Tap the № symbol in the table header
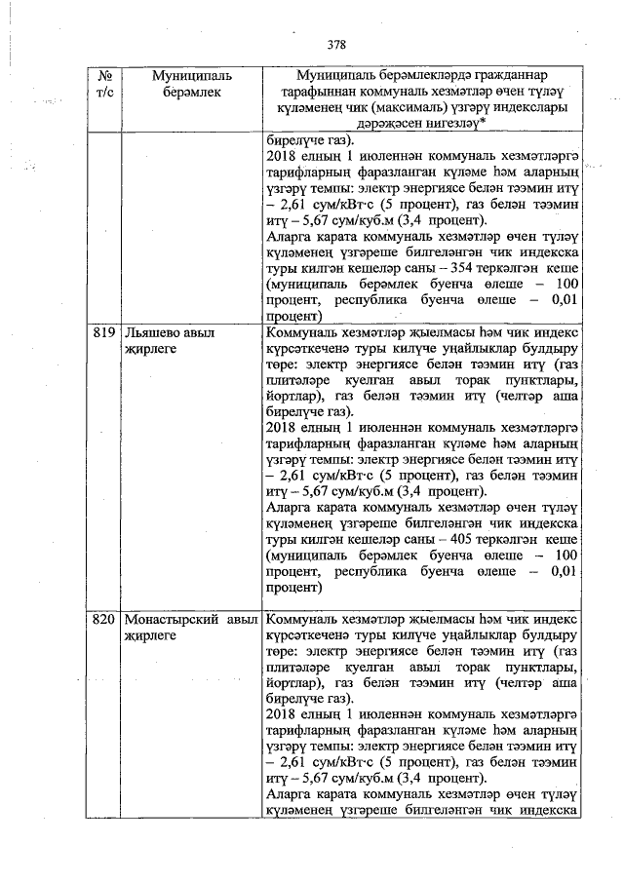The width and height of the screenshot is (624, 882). click(103, 76)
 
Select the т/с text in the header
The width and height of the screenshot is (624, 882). click(103, 92)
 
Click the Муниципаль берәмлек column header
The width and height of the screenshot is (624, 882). click(186, 84)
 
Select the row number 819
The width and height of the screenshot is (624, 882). click(103, 332)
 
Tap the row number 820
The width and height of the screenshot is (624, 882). click(103, 620)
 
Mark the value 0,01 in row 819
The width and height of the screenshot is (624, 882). click(565, 571)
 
